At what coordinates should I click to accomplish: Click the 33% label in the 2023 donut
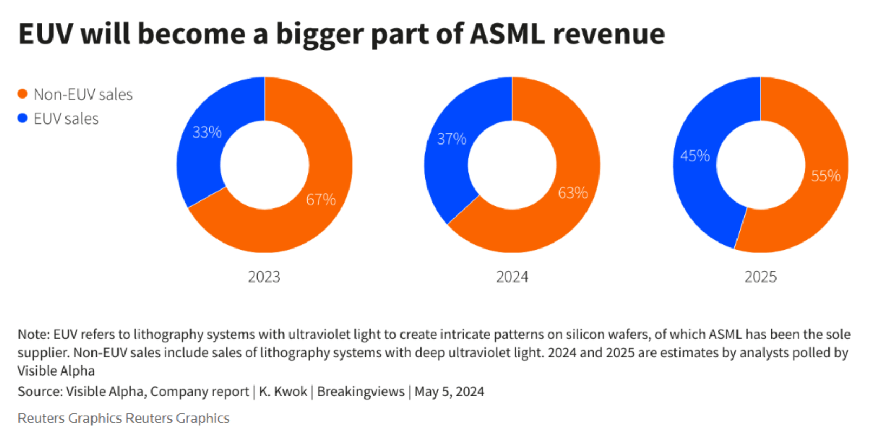point(207,133)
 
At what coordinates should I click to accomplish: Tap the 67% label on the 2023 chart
point(321,200)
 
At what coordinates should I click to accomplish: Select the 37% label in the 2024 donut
point(451,139)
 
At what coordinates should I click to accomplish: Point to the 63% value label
point(573,193)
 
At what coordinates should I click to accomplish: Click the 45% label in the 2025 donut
point(695,156)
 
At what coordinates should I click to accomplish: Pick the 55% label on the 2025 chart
point(825,176)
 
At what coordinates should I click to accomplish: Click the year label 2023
point(264,277)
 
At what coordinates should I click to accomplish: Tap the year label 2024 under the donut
point(512,277)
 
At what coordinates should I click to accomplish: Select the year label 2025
point(760,277)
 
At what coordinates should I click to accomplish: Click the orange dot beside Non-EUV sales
point(22,94)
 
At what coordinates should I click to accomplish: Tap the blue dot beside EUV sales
point(22,119)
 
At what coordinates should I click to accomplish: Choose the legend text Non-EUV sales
point(83,94)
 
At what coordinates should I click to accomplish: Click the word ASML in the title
point(506,34)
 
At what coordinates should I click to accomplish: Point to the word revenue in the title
point(608,34)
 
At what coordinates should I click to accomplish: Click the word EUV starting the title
point(45,34)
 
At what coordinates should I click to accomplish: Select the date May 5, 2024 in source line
point(449,391)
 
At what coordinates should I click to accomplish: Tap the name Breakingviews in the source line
point(360,391)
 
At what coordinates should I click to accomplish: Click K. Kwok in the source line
point(283,391)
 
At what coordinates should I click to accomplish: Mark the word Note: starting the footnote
point(34,335)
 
